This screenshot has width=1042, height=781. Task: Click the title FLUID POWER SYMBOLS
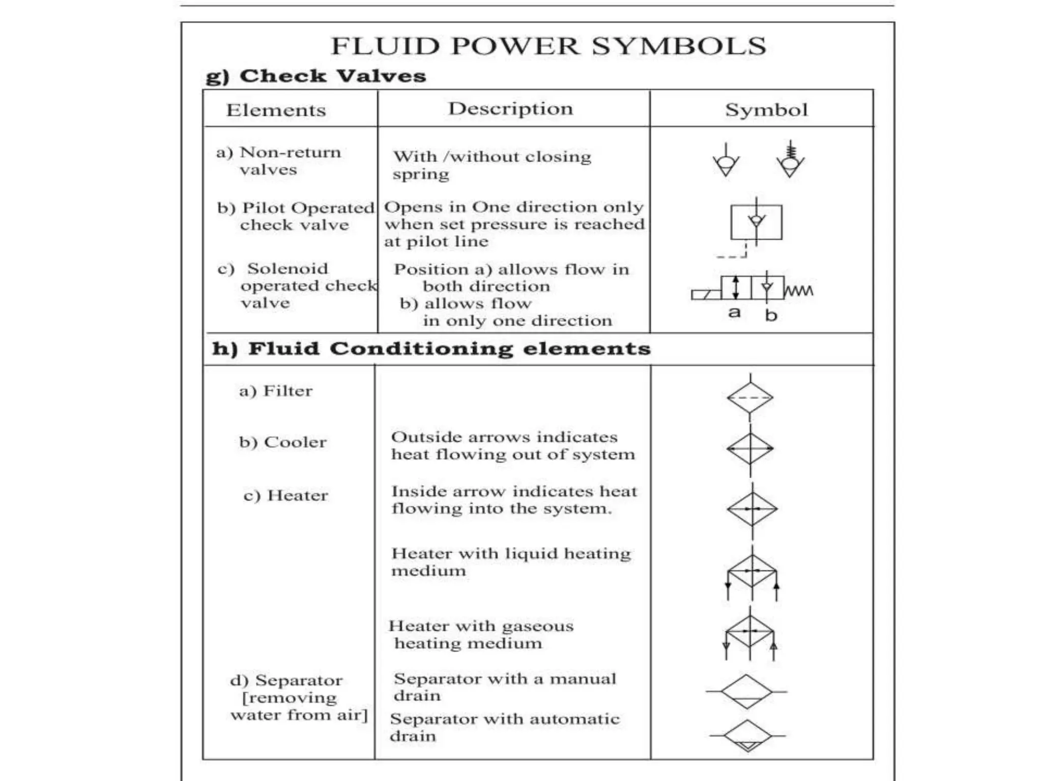pos(548,46)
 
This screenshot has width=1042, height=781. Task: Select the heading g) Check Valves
pos(315,76)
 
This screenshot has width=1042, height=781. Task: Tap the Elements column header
pos(276,110)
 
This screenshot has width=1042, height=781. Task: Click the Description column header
pos(510,109)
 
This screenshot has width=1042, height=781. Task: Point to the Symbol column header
pos(766,110)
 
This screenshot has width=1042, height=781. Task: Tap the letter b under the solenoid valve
pos(771,316)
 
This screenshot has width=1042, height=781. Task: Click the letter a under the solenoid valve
pos(734,312)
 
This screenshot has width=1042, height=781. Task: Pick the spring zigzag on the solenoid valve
pos(799,291)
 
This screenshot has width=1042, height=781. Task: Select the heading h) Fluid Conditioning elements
pos(431,349)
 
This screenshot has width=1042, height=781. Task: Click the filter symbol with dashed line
pos(750,398)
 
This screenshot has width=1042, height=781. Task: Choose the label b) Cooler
pos(283,442)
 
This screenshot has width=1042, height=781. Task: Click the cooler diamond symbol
pos(750,449)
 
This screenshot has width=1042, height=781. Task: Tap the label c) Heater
pos(285,495)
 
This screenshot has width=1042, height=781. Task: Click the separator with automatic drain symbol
pos(747,736)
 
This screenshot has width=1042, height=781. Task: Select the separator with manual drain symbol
pos(746,692)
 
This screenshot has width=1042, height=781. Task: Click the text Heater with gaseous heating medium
pos(480,635)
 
